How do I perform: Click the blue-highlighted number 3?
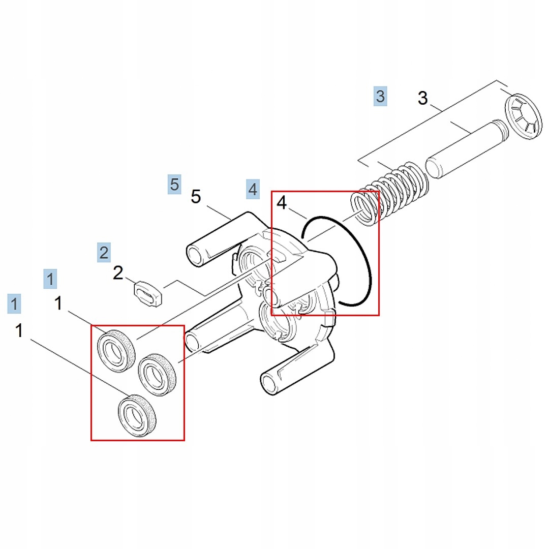tap(380, 96)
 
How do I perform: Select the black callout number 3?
tap(422, 98)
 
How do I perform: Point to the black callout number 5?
tap(196, 196)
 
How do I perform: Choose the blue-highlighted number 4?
tap(253, 189)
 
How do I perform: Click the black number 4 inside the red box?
tap(282, 203)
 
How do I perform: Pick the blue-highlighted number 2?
tap(104, 252)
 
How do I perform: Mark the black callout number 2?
tap(117, 273)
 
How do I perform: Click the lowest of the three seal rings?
tap(136, 415)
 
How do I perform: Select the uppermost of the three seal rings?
tap(116, 350)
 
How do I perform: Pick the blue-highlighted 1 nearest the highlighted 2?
tap(50, 279)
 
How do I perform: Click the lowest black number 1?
tap(19, 331)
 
